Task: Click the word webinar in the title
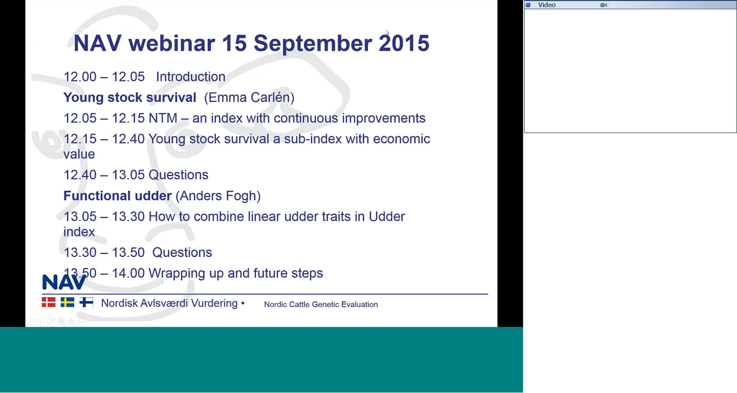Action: click(172, 43)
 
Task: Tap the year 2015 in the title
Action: click(404, 43)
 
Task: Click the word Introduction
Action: click(191, 77)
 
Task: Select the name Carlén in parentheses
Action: click(271, 98)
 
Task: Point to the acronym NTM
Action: click(163, 118)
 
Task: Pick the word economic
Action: click(401, 139)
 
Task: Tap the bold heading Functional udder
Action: click(117, 196)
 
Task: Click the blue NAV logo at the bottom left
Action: click(64, 282)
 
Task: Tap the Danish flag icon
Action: click(49, 302)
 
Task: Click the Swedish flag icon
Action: click(67, 302)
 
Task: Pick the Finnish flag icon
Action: click(86, 302)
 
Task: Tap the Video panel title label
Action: click(547, 5)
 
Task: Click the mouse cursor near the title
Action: click(388, 33)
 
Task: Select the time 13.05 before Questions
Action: click(128, 175)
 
